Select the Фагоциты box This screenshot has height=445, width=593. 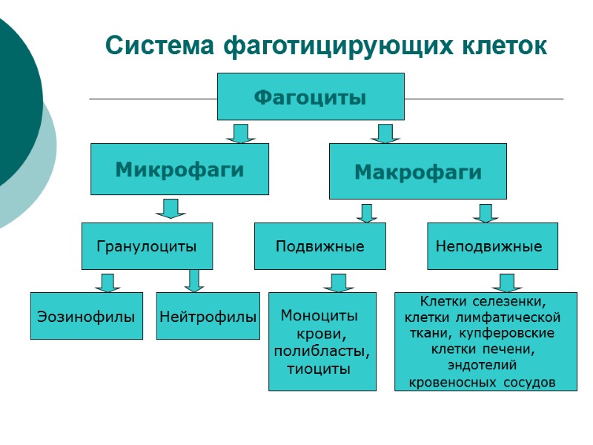311,96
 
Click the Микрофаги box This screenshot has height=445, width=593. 179,169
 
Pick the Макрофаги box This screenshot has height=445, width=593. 417,171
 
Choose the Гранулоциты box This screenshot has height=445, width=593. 147,246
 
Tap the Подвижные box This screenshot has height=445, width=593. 319,246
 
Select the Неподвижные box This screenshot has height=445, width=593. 492,246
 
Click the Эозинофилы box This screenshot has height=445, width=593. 86,317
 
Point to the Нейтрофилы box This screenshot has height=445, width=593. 208,317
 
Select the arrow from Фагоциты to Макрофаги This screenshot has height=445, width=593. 385,133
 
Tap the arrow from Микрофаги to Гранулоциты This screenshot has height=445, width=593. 170,208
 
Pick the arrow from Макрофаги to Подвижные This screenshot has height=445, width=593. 366,213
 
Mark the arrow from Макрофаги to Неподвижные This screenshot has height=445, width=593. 486,213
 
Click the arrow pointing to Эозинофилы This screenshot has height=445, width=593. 107,283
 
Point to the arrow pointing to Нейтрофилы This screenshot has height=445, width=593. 194,280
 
